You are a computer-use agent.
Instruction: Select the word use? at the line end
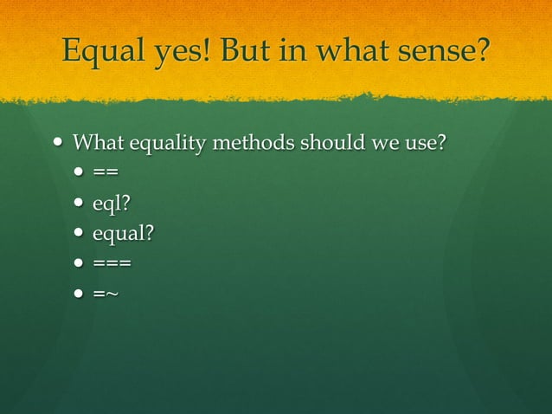[x=426, y=141]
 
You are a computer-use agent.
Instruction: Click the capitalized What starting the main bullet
[x=97, y=141]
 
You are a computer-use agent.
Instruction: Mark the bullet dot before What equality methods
[x=59, y=141]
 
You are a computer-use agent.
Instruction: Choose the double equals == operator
[x=105, y=172]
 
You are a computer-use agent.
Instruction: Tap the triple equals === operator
[x=112, y=262]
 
